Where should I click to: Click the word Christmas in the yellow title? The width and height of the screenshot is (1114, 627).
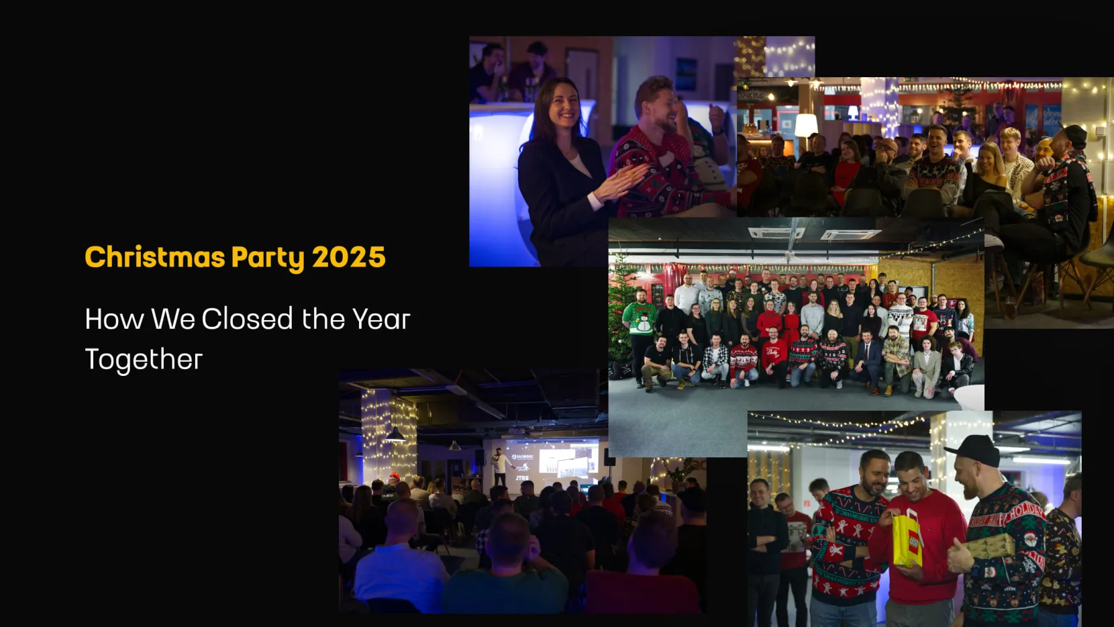154,257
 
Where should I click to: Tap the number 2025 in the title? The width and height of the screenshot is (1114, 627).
348,257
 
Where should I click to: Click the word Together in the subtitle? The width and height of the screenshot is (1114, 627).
144,359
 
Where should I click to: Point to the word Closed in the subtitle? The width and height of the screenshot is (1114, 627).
247,319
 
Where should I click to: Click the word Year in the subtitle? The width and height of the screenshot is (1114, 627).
381,319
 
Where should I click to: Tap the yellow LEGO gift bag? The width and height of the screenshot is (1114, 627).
907,540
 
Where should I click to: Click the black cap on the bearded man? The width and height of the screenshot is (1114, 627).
974,450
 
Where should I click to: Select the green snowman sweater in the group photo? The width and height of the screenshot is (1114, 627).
640,319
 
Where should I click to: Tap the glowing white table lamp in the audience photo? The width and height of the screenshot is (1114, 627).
806,126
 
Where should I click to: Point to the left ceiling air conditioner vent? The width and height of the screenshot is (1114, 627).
775,232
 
